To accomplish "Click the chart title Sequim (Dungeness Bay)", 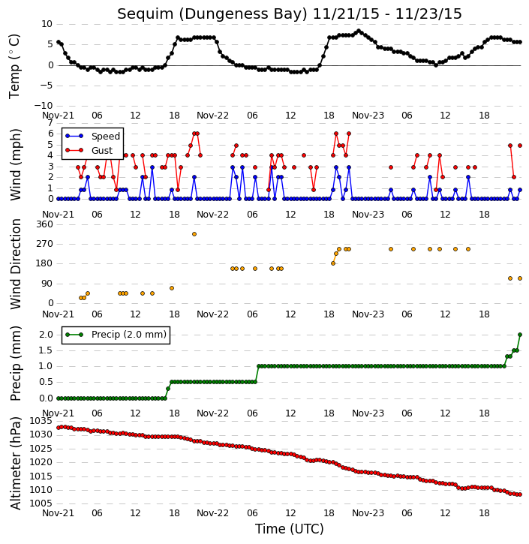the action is [x=212, y=14].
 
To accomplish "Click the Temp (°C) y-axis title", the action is [x=14, y=66].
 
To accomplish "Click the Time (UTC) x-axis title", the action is [x=290, y=529].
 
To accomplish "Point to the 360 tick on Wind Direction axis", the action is [x=45, y=224].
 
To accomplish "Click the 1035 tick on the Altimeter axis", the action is [x=41, y=421].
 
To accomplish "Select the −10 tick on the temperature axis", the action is [x=44, y=106].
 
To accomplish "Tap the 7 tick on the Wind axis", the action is [x=50, y=123].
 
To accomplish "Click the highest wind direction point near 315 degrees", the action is [x=194, y=234].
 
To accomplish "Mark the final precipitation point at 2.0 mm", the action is [x=520, y=335].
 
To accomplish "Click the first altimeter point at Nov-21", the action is [x=59, y=428].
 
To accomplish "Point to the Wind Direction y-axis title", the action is [x=16, y=264].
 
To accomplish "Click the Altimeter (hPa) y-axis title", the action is [x=16, y=464].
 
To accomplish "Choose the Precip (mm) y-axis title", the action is [x=16, y=364].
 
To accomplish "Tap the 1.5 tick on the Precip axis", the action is [x=46, y=350].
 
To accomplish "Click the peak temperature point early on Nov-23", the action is [x=359, y=31].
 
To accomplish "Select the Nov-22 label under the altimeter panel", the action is [x=212, y=512].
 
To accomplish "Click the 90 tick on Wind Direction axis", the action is [x=48, y=284].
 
